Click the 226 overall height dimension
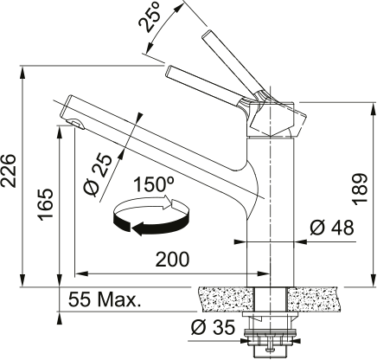(x=8, y=170)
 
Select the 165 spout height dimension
(x=46, y=204)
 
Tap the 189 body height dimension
(x=360, y=190)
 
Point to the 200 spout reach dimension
(x=172, y=259)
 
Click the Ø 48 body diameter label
(x=332, y=228)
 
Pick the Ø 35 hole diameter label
(x=213, y=327)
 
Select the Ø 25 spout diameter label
(x=98, y=176)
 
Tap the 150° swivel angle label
(x=154, y=184)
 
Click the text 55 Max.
(x=105, y=299)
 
